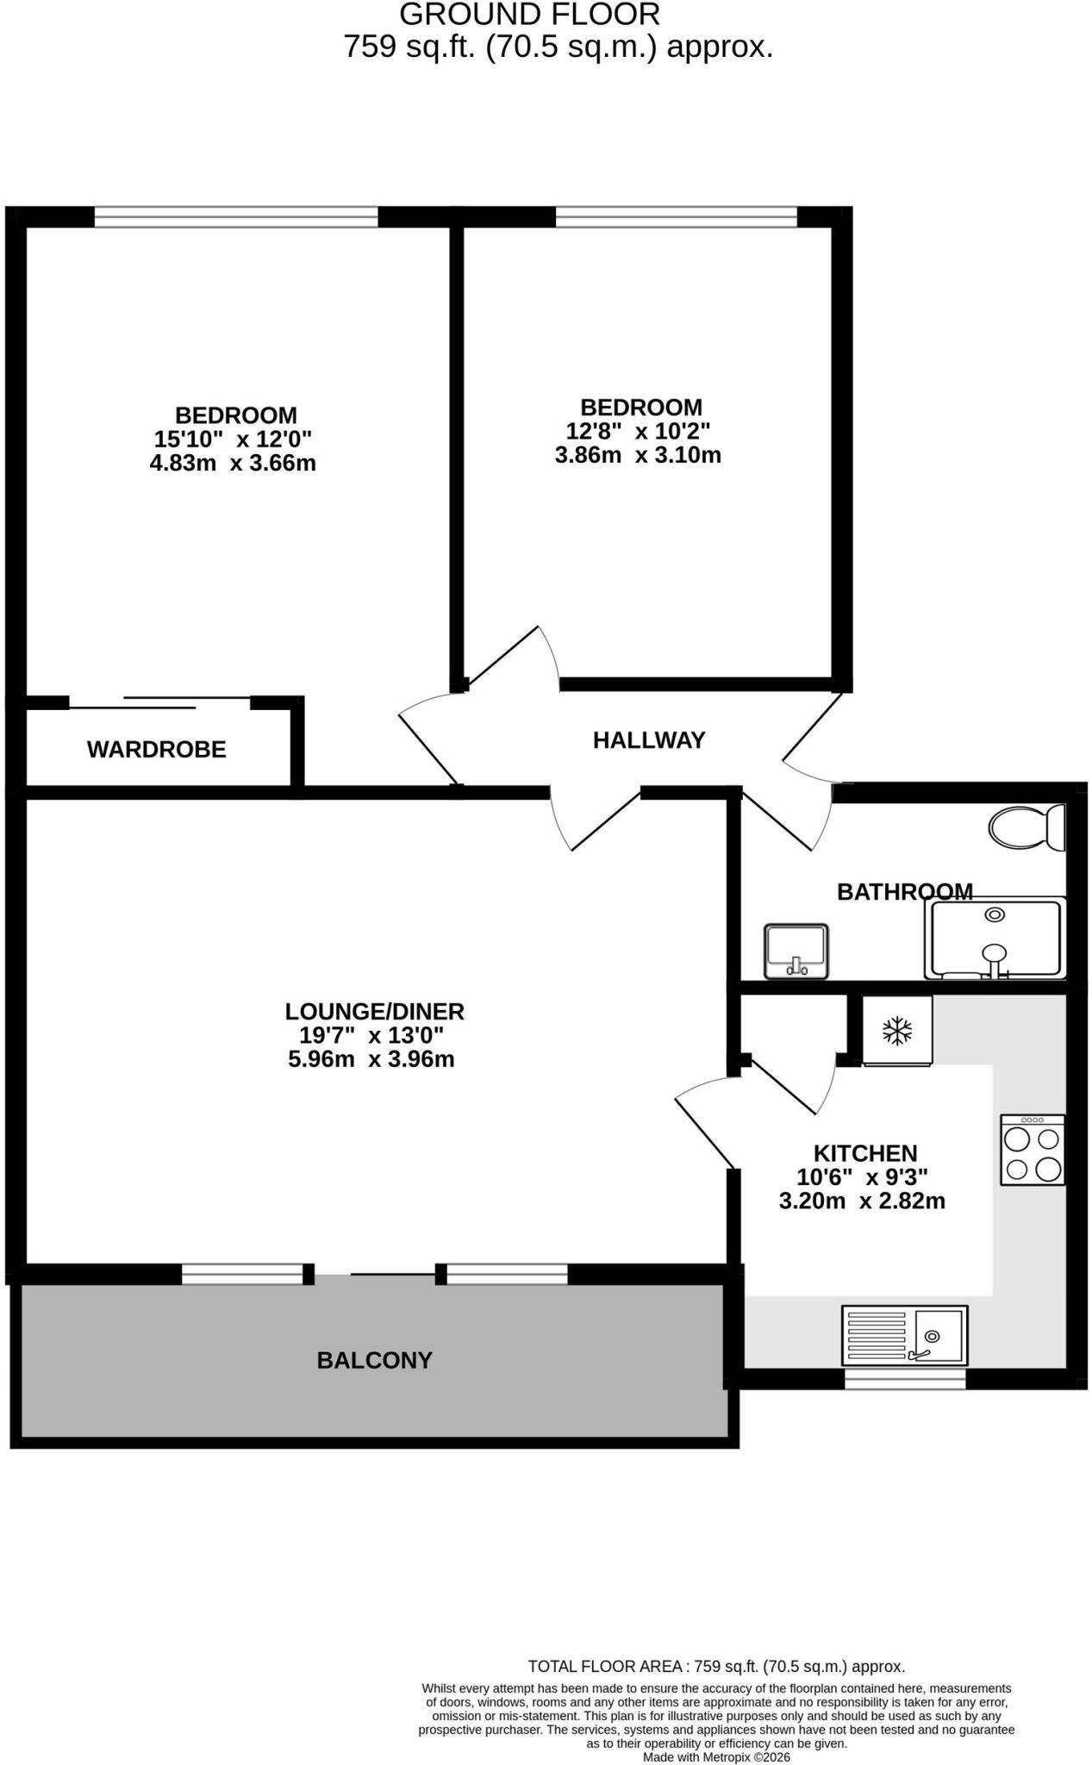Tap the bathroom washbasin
796,951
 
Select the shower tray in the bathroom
995,939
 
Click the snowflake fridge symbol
897,1031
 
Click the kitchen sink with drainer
904,1335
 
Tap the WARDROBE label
157,750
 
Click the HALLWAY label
649,740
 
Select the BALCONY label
375,1360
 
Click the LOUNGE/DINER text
375,1011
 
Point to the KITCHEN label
865,1153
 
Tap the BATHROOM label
905,892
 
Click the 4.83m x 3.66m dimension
233,464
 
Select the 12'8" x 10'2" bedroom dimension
638,431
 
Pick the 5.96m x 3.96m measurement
371,1059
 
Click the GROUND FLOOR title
530,15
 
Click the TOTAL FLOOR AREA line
716,1667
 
